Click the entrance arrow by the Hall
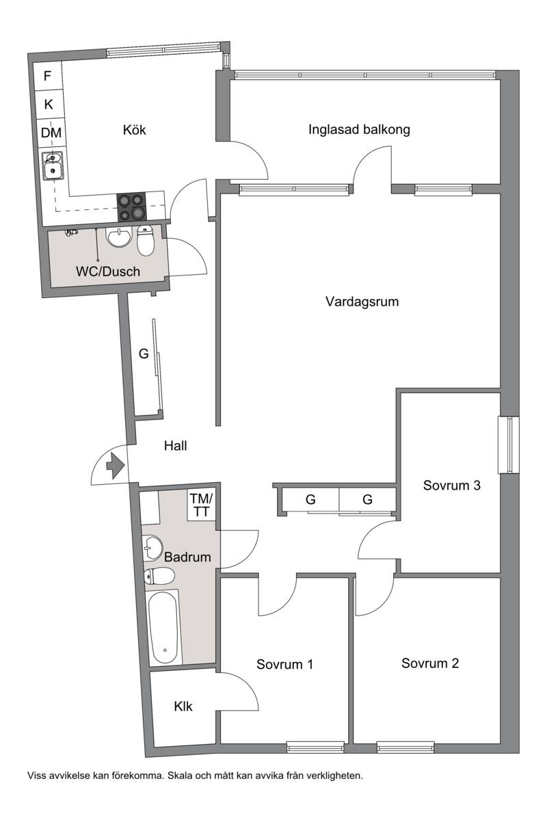click(116, 465)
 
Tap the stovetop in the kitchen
click(131, 207)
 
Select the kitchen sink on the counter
click(53, 166)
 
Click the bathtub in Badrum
click(164, 627)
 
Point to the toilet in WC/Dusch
click(146, 240)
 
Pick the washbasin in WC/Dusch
click(119, 237)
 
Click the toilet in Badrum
click(159, 576)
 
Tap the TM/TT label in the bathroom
click(201, 505)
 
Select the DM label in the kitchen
click(51, 133)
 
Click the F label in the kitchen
click(47, 76)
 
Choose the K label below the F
click(49, 105)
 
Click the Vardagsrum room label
click(362, 302)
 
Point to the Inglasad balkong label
click(359, 129)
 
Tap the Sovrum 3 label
click(451, 485)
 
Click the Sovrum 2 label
click(430, 663)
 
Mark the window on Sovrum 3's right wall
click(509, 445)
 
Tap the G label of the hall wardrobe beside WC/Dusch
click(144, 354)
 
